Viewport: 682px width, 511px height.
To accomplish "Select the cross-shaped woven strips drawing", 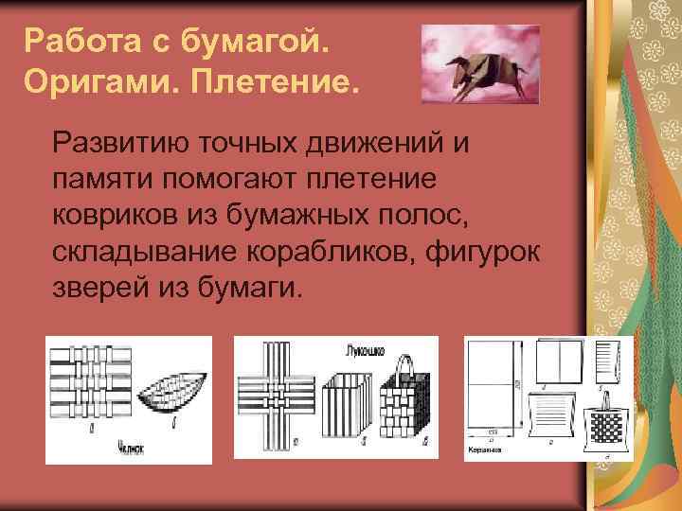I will [278, 390].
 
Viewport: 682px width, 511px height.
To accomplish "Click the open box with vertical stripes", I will [347, 407].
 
